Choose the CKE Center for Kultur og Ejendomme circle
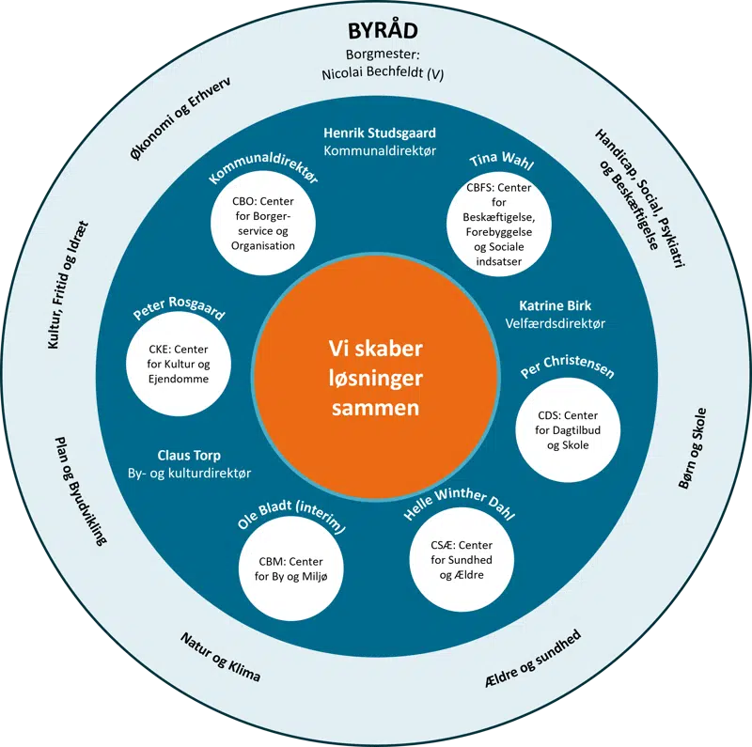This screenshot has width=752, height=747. click(178, 366)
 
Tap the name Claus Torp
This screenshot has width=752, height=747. click(189, 456)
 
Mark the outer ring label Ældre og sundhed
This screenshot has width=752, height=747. click(539, 655)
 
